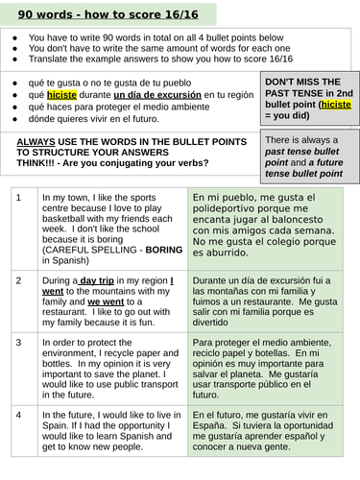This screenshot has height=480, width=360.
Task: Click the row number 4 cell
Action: (18, 415)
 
